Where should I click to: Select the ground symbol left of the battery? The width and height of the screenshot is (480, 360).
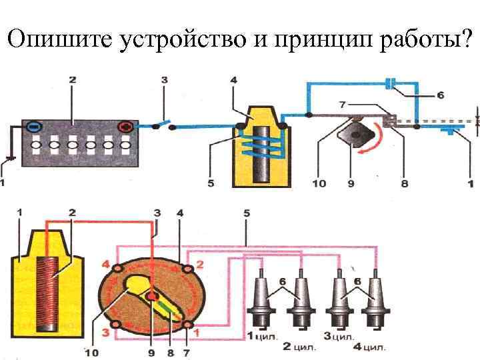pyautogui.click(x=9, y=159)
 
